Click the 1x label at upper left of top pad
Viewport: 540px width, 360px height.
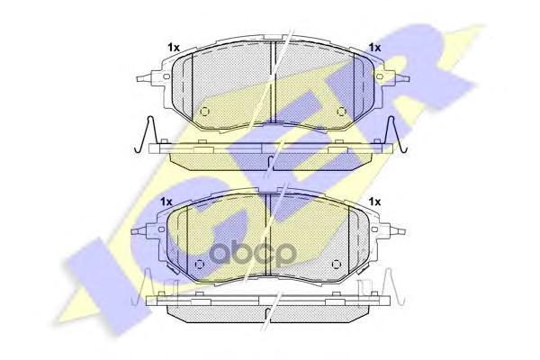[174, 48]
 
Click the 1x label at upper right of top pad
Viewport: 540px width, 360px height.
[374, 48]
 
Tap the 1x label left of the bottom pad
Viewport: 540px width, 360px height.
[166, 202]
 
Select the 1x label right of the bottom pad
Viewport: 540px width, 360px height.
[374, 202]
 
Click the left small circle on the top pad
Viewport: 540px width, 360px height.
[204, 112]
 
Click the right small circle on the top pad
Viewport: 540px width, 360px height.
[341, 112]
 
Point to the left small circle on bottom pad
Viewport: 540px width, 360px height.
[199, 265]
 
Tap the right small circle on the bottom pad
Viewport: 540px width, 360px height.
[336, 265]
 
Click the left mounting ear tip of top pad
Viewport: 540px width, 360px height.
[138, 78]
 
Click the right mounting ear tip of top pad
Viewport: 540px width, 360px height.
[409, 78]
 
